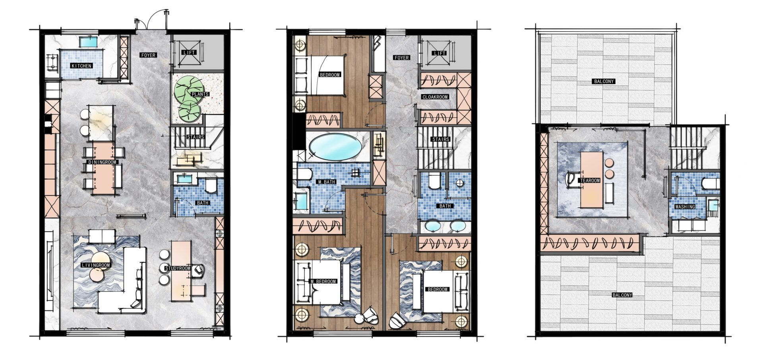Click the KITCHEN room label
coord(81,66)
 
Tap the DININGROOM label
coord(103,162)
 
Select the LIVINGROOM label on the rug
coord(95,265)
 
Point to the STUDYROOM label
coord(178,268)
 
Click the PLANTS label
coord(200,94)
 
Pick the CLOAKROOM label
coord(435,97)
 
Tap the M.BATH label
coord(327,182)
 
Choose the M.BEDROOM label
coord(323,281)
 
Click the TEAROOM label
coord(590,180)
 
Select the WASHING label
coord(685,207)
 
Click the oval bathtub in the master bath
coord(335,147)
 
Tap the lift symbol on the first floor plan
coord(189,52)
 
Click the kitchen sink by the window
coord(90,41)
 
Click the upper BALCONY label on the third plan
coord(604,81)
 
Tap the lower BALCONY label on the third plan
coord(622,295)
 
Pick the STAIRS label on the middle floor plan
coord(441,139)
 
